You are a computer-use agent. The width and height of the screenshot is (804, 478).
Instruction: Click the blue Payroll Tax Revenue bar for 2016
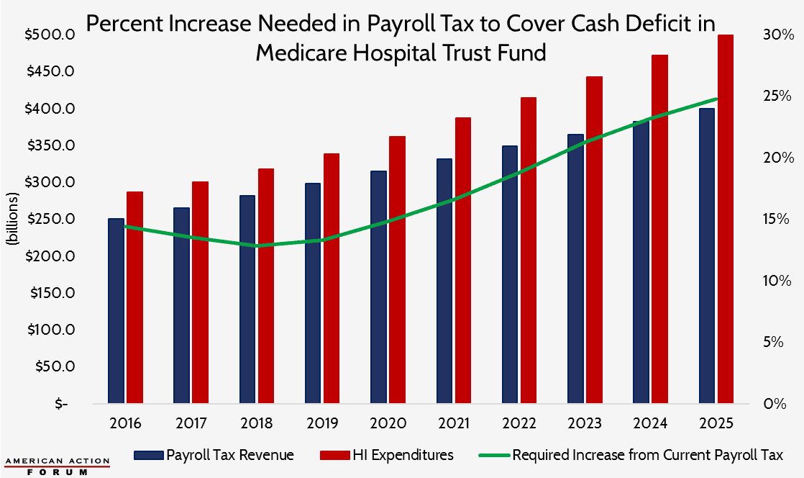point(116,310)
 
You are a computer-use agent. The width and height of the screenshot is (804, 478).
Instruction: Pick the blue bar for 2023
point(575,269)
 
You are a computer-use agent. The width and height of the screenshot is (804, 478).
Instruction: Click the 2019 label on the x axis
point(323,423)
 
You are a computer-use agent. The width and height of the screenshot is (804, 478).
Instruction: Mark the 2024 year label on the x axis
point(650,423)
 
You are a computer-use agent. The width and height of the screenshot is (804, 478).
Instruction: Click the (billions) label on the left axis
point(12,220)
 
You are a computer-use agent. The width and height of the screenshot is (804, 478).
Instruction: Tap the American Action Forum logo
point(57,466)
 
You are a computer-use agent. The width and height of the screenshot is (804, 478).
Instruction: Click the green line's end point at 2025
point(716,99)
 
